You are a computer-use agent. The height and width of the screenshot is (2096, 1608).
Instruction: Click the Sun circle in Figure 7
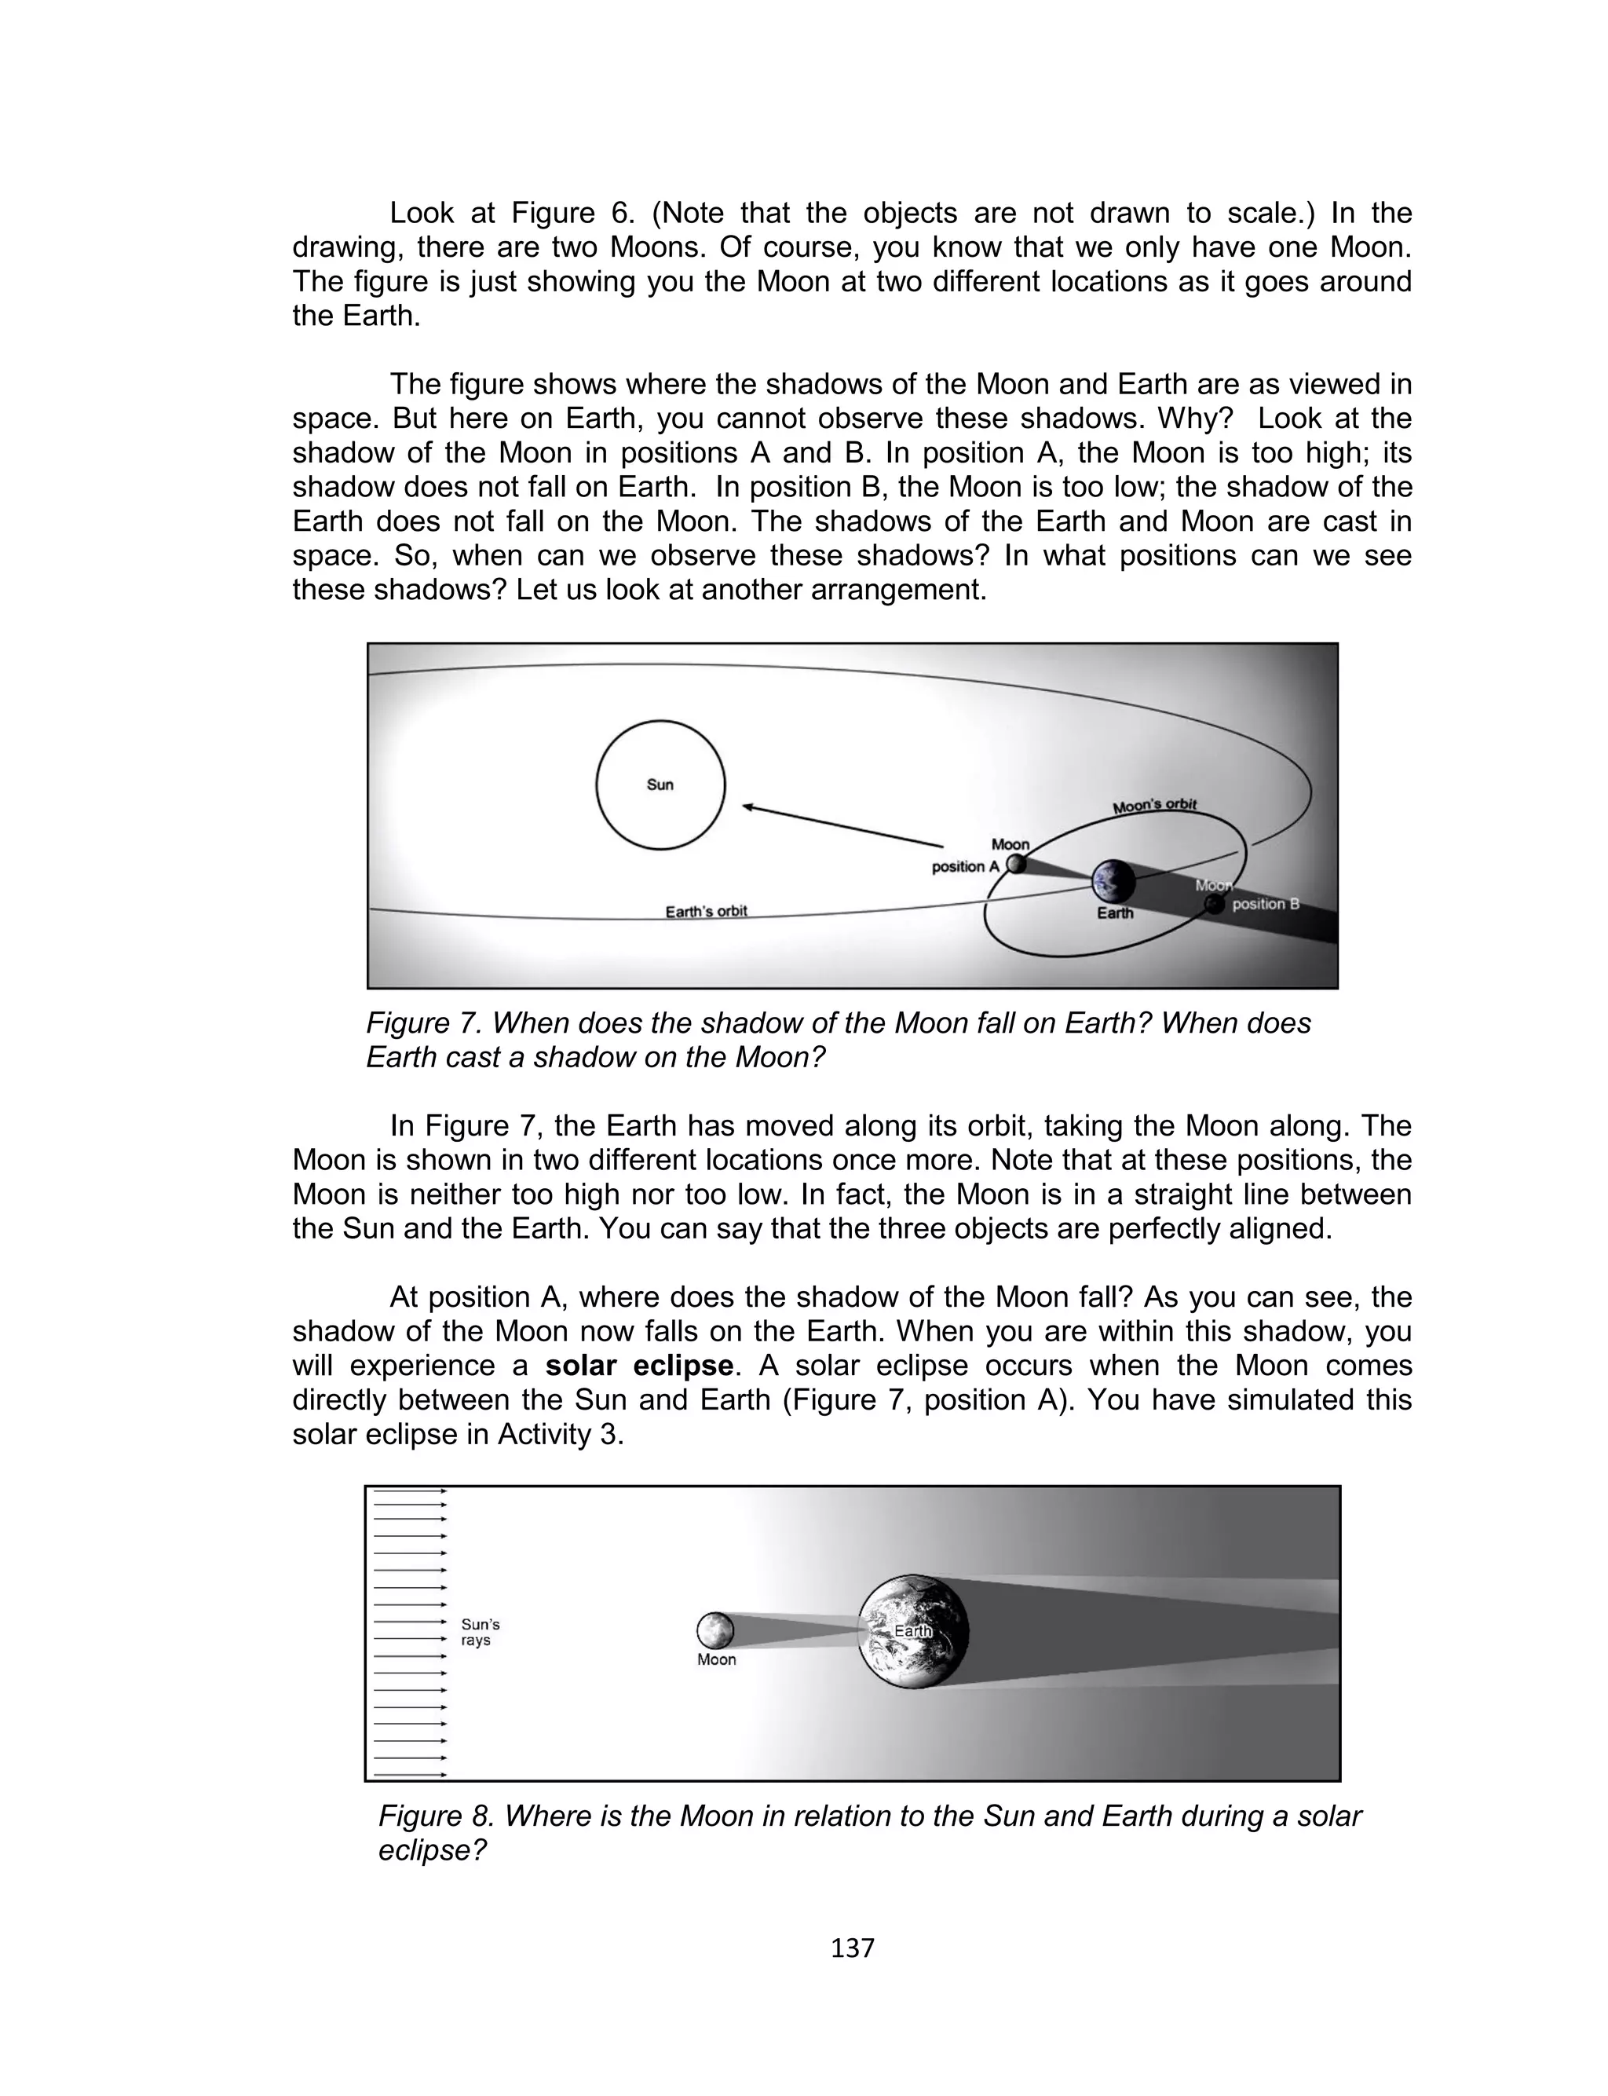coord(660,785)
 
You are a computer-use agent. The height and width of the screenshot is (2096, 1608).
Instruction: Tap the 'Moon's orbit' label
coord(1154,806)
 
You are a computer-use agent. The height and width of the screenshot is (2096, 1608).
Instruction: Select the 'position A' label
coord(965,867)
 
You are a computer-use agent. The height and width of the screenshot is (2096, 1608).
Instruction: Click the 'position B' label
coord(1266,903)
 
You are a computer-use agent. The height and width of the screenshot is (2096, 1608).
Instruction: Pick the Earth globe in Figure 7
coord(1114,881)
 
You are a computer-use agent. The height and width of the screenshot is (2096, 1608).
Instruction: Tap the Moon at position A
coord(1017,865)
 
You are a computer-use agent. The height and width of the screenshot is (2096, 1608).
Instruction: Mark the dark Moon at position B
coord(1215,905)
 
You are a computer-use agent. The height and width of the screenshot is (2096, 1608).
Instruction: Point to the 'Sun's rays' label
coord(480,1632)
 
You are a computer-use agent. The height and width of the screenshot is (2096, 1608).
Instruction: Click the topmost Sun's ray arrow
coord(411,1491)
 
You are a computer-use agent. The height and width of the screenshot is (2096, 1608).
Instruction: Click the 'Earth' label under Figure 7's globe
coord(1114,913)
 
